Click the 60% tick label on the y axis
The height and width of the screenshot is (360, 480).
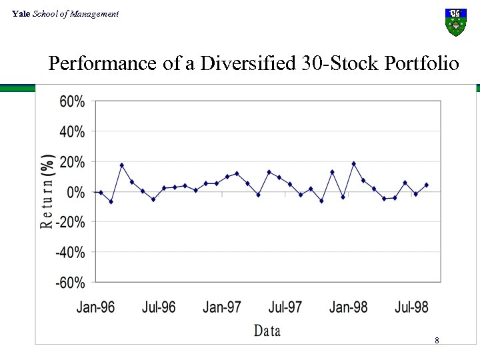pyautogui.click(x=72, y=102)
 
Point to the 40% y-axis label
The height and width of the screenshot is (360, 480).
pyautogui.click(x=72, y=132)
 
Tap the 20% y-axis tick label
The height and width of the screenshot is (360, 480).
pyautogui.click(x=72, y=162)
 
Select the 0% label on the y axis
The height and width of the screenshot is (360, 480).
pyautogui.click(x=75, y=192)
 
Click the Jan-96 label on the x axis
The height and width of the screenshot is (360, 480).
pyautogui.click(x=95, y=307)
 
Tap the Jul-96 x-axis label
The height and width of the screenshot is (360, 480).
pyautogui.click(x=159, y=307)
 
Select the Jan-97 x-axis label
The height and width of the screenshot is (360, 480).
pyautogui.click(x=222, y=307)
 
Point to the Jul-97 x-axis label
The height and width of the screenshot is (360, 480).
pyautogui.click(x=285, y=307)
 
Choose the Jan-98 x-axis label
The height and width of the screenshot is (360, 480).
pyautogui.click(x=349, y=307)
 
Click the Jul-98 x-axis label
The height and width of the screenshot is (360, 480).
pyautogui.click(x=412, y=307)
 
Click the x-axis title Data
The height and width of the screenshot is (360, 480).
pyautogui.click(x=267, y=331)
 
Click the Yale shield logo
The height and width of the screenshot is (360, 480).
pyautogui.click(x=455, y=22)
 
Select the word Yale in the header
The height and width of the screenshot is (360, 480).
pyautogui.click(x=21, y=14)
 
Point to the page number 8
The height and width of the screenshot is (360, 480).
pyautogui.click(x=437, y=341)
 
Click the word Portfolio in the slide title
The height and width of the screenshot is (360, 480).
pyautogui.click(x=422, y=64)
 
